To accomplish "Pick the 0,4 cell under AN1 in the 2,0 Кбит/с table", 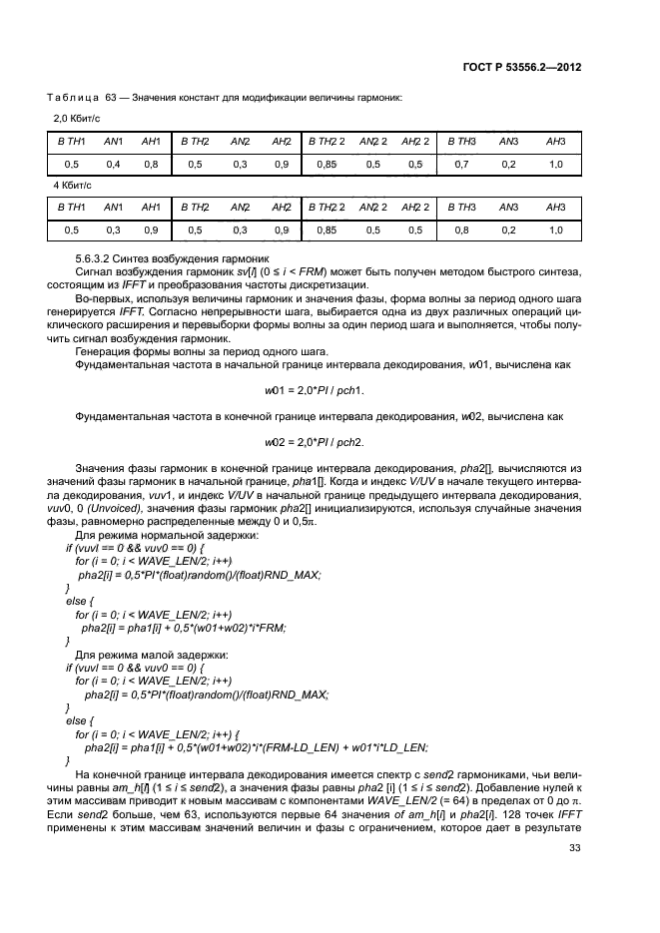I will pos(113,164).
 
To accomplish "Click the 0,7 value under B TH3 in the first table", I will pos(460,164).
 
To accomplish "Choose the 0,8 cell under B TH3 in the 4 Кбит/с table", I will pos(460,230).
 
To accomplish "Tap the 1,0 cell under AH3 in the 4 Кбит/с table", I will pos(556,230).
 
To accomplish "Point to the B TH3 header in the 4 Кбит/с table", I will pos(463,207).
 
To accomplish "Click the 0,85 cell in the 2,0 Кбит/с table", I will pos(327,164).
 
